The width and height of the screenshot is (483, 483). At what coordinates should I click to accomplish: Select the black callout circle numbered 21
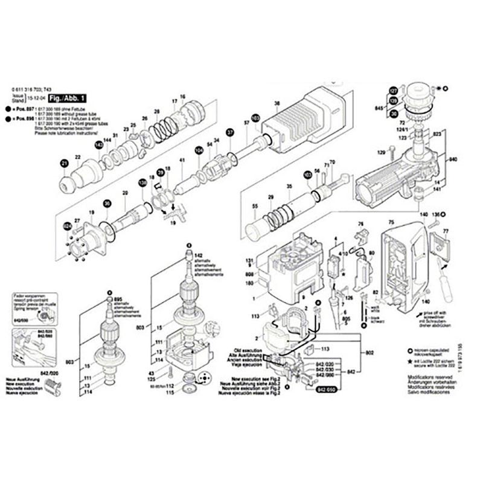pos(65,163)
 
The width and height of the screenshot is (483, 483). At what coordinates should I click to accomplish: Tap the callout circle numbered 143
pos(98,144)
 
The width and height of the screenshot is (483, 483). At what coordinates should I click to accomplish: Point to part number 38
pos(277,104)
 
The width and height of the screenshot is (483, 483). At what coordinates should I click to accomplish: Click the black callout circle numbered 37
pos(229,133)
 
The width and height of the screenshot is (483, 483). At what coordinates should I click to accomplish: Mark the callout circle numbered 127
pos(394,92)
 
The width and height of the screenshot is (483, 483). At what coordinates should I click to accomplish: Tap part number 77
pos(447,231)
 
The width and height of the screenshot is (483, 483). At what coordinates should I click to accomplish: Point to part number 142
pos(197,256)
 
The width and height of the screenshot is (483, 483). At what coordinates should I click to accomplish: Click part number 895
pos(118,300)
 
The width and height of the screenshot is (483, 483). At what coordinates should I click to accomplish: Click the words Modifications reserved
pos(429,377)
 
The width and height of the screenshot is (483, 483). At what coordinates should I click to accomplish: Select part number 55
pos(255,206)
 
